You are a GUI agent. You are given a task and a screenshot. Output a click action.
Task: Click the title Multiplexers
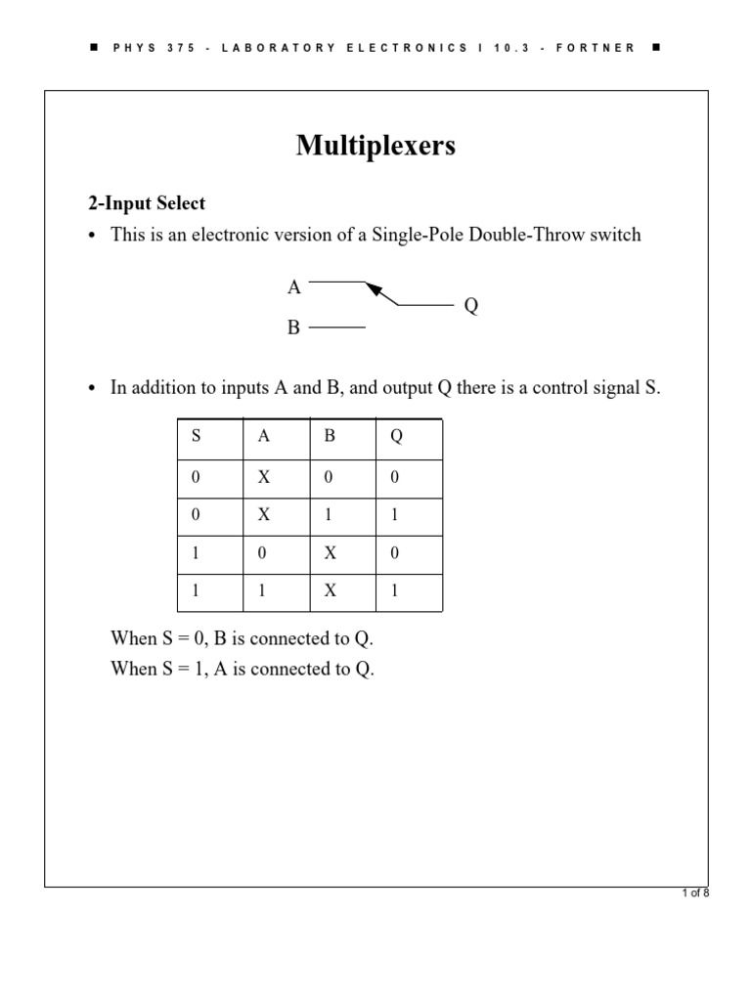(375, 147)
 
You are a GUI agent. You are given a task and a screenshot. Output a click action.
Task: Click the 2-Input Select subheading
(147, 203)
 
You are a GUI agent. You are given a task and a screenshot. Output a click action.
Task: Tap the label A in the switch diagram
(293, 287)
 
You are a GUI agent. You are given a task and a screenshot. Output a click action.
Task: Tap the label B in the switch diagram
(293, 328)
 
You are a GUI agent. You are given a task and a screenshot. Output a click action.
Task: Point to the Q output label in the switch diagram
(471, 307)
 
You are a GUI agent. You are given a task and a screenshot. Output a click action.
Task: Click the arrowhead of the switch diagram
(374, 288)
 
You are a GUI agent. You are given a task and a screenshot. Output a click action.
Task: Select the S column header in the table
(196, 437)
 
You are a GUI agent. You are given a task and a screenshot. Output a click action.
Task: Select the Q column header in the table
(396, 437)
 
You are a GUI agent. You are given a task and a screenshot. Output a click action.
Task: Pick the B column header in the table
(330, 437)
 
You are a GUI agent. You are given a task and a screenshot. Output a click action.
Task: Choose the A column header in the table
(263, 437)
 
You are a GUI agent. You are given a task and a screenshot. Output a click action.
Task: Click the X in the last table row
(331, 591)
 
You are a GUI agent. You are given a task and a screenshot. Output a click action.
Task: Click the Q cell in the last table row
(395, 591)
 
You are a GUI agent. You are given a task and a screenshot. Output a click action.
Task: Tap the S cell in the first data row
(196, 476)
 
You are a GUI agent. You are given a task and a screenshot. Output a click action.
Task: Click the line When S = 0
(243, 638)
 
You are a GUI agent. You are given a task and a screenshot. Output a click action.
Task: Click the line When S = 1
(243, 670)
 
